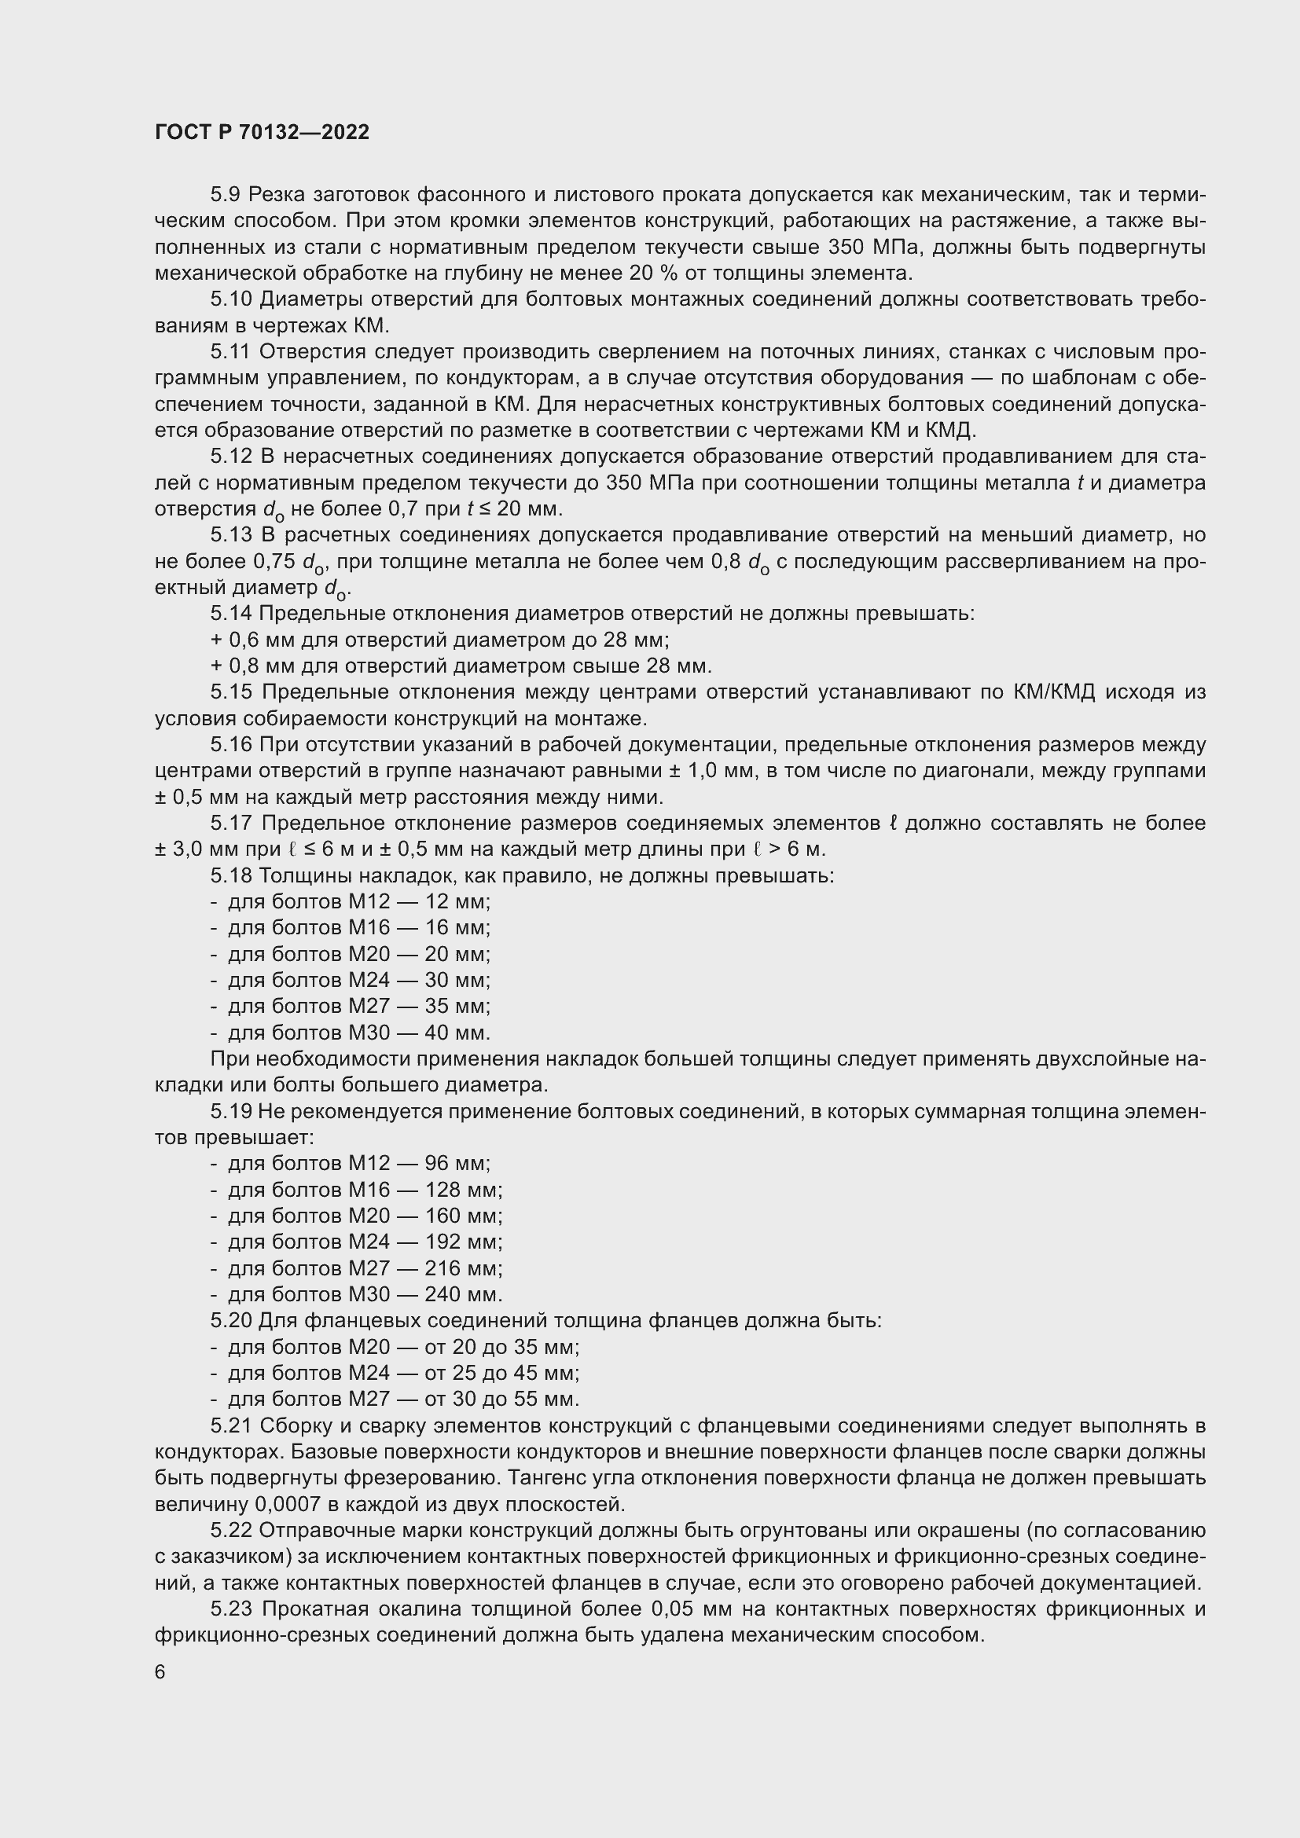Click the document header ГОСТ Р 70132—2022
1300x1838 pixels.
(x=262, y=132)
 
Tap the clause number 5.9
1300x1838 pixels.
(x=226, y=195)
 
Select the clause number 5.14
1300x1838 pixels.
(x=231, y=614)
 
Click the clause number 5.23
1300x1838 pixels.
(x=231, y=1609)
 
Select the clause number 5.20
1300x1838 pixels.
(x=231, y=1320)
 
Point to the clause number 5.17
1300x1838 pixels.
(x=231, y=823)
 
